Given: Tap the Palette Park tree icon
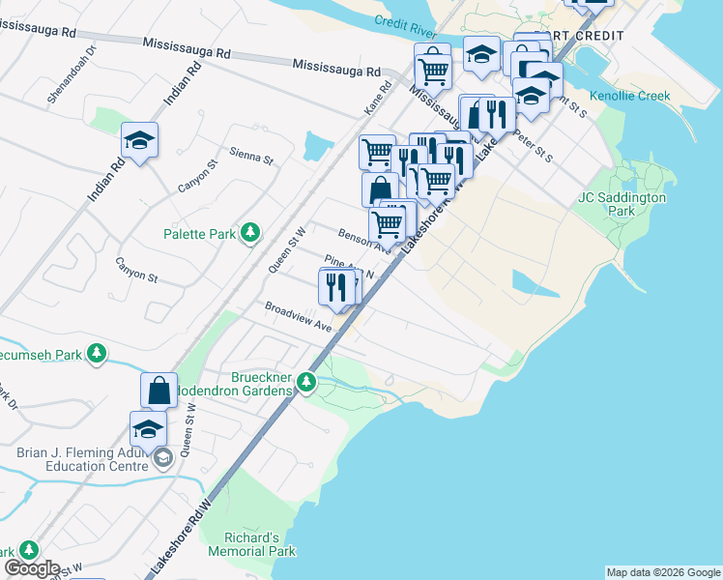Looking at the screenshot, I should point(250,232).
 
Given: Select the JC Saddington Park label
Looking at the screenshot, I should point(622,203).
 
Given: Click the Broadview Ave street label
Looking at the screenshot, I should point(299,318).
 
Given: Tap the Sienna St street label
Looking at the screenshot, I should point(251,154).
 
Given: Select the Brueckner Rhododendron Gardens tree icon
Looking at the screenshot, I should point(306,382).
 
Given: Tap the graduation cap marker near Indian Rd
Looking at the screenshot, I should point(140,141).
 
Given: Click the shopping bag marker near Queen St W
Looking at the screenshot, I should point(159,391).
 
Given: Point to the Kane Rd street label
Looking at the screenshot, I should point(377,94).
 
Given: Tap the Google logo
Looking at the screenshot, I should point(32,568).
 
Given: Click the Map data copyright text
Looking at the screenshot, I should point(661,572).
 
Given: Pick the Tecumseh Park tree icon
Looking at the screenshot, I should point(96,355).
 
